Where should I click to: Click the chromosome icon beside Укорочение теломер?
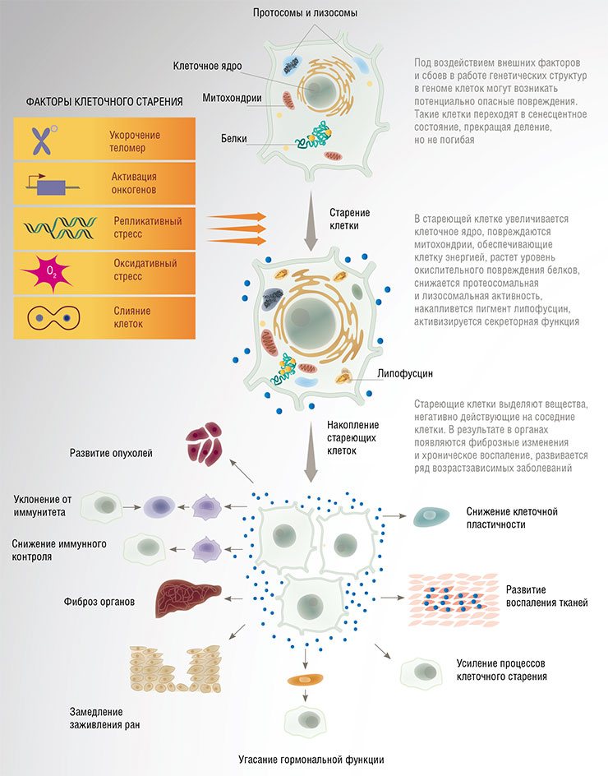click(43, 140)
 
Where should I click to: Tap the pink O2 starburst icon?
click(47, 271)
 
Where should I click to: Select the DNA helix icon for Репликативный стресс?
click(60, 229)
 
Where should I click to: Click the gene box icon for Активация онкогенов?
click(53, 186)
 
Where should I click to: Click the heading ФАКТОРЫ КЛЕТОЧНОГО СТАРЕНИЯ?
click(104, 102)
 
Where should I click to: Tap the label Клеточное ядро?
click(207, 66)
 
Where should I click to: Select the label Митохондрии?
click(232, 98)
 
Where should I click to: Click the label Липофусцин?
click(405, 374)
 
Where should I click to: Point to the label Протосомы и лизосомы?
click(305, 13)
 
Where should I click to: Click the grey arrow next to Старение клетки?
click(311, 222)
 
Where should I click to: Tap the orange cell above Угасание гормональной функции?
click(306, 680)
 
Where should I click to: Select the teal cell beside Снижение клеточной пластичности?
click(431, 516)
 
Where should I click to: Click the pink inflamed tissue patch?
click(454, 600)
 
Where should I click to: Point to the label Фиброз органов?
click(99, 602)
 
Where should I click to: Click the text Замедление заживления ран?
click(104, 718)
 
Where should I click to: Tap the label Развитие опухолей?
click(111, 453)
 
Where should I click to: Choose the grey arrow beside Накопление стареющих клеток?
click(311, 452)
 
